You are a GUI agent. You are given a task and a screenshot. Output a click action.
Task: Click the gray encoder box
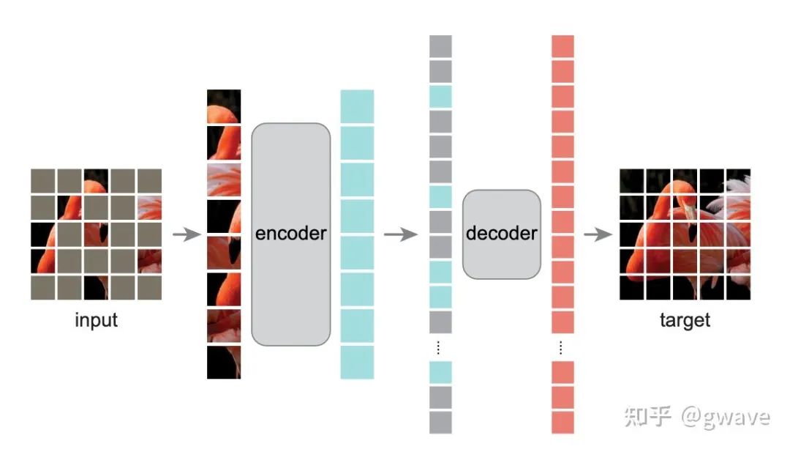point(291,234)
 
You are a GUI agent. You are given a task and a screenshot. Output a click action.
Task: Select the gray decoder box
point(502,234)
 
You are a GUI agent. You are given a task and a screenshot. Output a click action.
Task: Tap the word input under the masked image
point(96,320)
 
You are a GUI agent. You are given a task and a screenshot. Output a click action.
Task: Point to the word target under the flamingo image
point(685,320)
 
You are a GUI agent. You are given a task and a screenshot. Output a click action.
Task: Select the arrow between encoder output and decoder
point(400,234)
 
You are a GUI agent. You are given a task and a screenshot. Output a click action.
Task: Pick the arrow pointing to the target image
point(598,234)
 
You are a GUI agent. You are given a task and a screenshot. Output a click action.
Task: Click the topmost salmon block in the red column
point(563,46)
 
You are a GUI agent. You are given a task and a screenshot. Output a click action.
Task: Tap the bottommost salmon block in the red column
point(563,422)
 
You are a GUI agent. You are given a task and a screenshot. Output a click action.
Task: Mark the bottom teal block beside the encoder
point(357,362)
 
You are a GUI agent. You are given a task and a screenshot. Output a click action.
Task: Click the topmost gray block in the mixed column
point(440,46)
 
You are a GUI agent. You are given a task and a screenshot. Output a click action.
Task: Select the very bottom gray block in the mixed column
point(440,422)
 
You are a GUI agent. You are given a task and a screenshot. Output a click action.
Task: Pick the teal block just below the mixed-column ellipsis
point(440,372)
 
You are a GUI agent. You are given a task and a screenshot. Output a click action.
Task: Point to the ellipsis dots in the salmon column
point(562,347)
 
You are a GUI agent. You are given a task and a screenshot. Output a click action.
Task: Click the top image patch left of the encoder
point(224,106)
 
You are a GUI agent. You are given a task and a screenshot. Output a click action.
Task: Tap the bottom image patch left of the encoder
point(224,362)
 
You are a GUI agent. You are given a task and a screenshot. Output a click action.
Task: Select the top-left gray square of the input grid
point(43,180)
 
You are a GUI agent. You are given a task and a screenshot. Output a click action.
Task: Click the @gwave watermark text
point(726,417)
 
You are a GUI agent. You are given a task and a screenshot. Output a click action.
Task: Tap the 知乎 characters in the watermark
point(647,417)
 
